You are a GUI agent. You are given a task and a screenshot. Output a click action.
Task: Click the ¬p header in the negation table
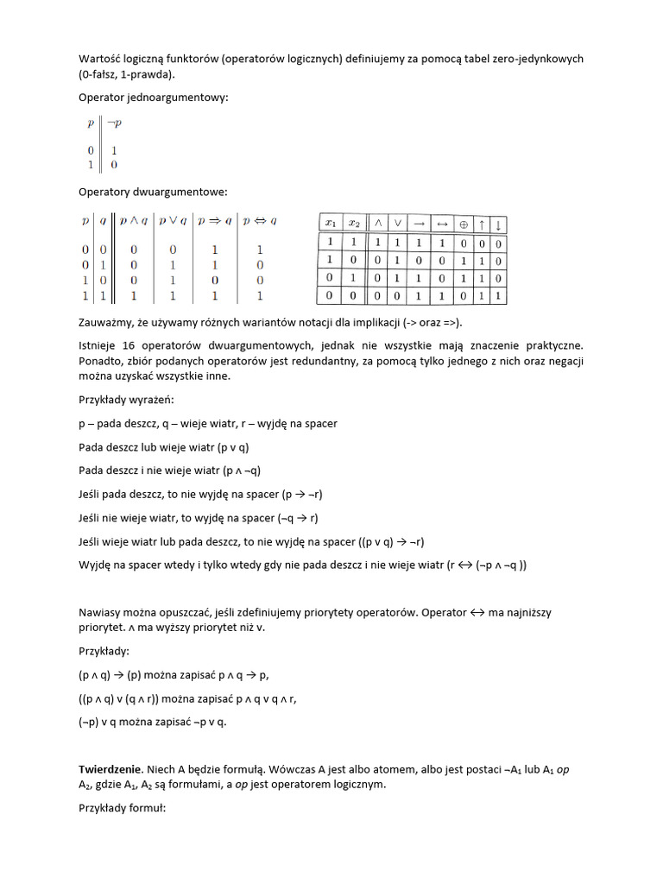(x=114, y=123)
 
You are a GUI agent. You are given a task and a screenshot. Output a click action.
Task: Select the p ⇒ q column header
(x=216, y=220)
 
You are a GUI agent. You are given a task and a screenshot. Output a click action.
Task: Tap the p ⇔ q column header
(x=260, y=220)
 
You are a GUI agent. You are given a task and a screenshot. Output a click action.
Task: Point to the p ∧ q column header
(x=133, y=220)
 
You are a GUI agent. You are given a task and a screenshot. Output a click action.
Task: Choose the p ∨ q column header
(x=173, y=220)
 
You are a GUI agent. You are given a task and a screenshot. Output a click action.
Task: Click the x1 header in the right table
(x=331, y=223)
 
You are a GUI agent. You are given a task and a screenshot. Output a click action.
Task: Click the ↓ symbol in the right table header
(x=499, y=224)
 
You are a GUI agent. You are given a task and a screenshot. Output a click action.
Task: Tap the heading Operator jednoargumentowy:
(x=154, y=98)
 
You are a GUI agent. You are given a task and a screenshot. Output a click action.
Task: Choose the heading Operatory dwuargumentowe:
(x=153, y=191)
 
